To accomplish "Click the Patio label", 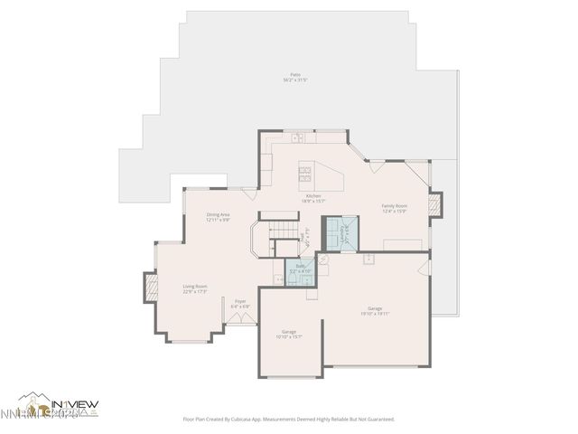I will tap(295, 77).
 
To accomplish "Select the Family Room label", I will tap(395, 206).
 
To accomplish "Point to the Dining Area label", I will tap(218, 215).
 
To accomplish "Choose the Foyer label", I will tap(240, 303).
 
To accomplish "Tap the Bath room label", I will tap(300, 268).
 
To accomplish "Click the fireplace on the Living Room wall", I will tap(150, 288).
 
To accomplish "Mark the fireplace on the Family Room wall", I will tap(435, 205).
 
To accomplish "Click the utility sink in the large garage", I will tap(369, 259).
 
